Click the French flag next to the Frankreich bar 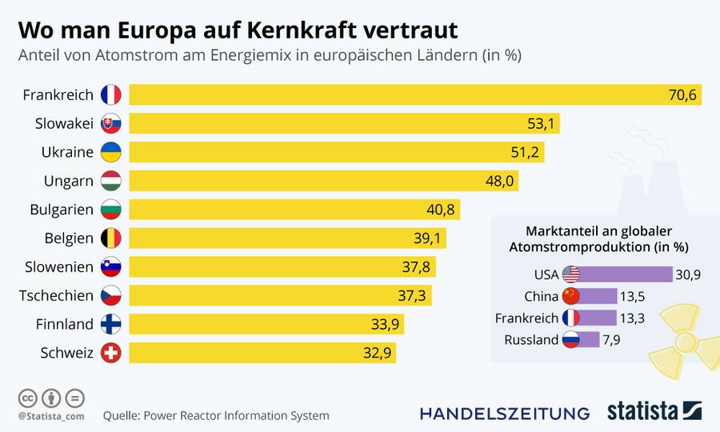[110, 95]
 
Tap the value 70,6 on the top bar [682, 95]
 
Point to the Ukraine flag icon [110, 153]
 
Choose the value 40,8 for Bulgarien [440, 210]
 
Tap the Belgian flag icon [110, 238]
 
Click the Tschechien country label [56, 296]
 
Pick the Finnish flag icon [110, 325]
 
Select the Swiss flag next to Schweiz [110, 353]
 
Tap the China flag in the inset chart [570, 296]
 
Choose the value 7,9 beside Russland [612, 340]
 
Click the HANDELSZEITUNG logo [505, 414]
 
